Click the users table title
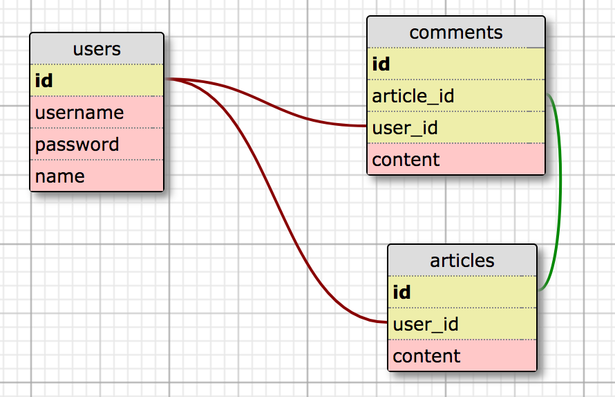pyautogui.click(x=97, y=48)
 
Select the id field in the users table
pyautogui.click(x=97, y=80)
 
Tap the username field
pyautogui.click(x=97, y=112)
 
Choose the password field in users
pyautogui.click(x=97, y=144)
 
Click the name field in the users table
pyautogui.click(x=97, y=176)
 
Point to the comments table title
pyautogui.click(x=456, y=33)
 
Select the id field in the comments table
pyautogui.click(x=456, y=64)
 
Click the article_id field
pyautogui.click(x=456, y=96)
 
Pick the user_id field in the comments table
pyautogui.click(x=456, y=128)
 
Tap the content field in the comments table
pyautogui.click(x=456, y=159)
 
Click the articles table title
pyautogui.click(x=462, y=260)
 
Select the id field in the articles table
pyautogui.click(x=462, y=292)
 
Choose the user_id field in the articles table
pyautogui.click(x=462, y=324)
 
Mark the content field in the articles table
pyautogui.click(x=462, y=356)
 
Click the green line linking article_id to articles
pyautogui.click(x=560, y=192)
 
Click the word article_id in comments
pyautogui.click(x=413, y=96)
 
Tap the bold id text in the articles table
pyautogui.click(x=401, y=292)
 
